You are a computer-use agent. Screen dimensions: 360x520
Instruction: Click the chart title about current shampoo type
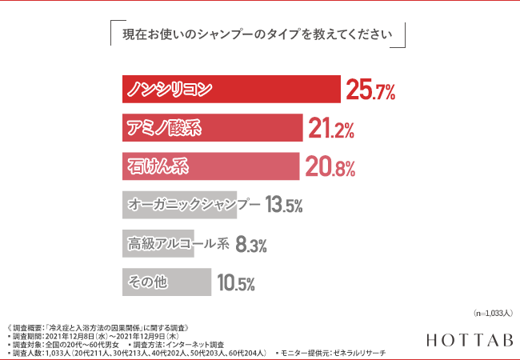point(257,35)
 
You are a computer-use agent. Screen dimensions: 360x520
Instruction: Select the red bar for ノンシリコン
point(231,89)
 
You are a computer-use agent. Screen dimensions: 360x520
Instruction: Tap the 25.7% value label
point(370,91)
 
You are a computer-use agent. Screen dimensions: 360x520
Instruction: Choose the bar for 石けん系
point(211,166)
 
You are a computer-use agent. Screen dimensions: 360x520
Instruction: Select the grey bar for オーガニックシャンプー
point(180,205)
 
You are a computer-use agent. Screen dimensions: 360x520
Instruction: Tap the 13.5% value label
point(284,206)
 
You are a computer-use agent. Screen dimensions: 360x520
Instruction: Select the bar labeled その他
point(166,282)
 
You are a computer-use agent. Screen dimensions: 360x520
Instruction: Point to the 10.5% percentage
point(235,283)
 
